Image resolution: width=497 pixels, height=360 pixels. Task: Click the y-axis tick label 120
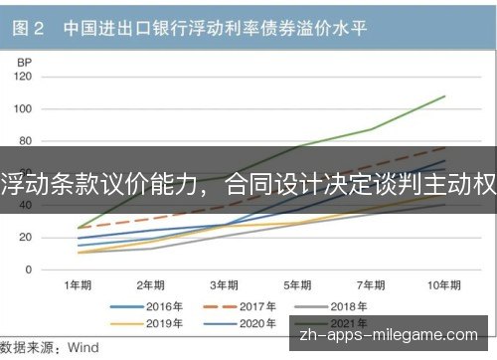click(23, 77)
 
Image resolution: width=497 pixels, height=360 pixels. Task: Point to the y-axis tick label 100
click(23, 108)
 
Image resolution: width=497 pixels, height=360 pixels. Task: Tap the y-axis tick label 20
click(25, 238)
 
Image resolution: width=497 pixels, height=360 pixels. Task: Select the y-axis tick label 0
click(29, 270)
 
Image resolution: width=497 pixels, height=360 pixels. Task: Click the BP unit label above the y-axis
click(24, 63)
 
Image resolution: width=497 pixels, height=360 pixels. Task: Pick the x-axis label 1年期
click(78, 285)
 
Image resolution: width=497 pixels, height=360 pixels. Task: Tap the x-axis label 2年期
click(151, 285)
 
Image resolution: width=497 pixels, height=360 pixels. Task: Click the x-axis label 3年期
click(225, 285)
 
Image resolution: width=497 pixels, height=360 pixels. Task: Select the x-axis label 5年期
click(297, 285)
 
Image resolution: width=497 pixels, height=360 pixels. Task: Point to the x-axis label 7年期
click(371, 285)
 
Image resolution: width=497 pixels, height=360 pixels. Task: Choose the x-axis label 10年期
click(444, 285)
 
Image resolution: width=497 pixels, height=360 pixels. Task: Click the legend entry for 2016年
click(146, 306)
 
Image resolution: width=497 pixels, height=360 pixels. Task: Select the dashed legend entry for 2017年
click(240, 306)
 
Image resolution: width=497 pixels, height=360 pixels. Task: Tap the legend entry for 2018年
click(331, 306)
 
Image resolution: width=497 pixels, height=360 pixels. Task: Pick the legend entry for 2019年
click(146, 323)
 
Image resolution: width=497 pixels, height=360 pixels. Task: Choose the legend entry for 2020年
click(240, 323)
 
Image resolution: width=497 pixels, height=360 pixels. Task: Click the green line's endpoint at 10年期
click(444, 96)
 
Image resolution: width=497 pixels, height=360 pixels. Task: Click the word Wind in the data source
click(83, 347)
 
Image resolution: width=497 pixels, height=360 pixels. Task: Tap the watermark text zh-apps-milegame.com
click(389, 335)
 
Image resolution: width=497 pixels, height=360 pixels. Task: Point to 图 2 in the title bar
click(28, 28)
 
